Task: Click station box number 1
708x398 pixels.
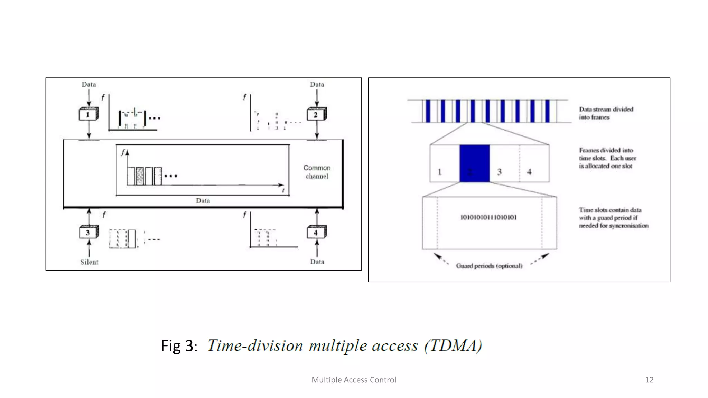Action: (88, 114)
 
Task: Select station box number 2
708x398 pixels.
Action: (316, 114)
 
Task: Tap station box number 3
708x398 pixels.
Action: (88, 233)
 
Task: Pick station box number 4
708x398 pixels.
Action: (316, 233)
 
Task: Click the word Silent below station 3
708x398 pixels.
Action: (89, 262)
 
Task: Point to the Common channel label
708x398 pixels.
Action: (317, 172)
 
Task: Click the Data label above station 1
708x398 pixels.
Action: (89, 85)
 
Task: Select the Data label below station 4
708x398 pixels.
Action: (317, 262)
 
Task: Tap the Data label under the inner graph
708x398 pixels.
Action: (203, 201)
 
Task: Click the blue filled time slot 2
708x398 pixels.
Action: (474, 163)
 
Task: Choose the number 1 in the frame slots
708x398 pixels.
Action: (440, 172)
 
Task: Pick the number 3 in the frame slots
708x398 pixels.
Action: (499, 172)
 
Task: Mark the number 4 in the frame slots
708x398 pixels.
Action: (529, 172)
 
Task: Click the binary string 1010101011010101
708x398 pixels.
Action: (488, 217)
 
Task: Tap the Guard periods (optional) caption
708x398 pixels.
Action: (489, 266)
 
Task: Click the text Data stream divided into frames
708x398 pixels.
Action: (606, 113)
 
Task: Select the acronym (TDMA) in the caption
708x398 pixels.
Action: (453, 346)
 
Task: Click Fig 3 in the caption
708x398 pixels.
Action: (177, 346)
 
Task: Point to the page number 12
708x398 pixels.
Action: (649, 380)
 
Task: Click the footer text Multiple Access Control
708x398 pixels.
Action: (354, 380)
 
